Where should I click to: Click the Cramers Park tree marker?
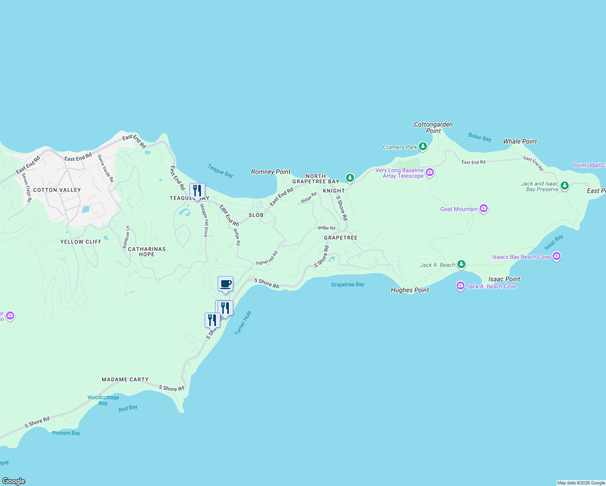coord(423,146)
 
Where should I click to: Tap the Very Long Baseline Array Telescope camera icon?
coord(430,173)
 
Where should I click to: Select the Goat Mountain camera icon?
coord(483,209)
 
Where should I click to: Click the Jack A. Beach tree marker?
coord(461,264)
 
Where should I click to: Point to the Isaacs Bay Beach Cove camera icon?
coord(556,256)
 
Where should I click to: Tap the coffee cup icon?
coord(225,284)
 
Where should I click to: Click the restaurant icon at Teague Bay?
coord(197,191)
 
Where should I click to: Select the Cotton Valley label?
coord(57,190)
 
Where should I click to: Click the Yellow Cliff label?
coord(81,242)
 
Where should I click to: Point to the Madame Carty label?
coord(125,379)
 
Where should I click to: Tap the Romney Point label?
coord(271,172)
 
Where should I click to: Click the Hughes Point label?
coord(410,290)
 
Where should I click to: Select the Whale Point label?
coord(520,141)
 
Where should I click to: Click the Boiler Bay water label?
coord(480,137)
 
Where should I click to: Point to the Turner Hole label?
coord(243,323)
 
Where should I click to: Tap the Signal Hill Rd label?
coord(267,258)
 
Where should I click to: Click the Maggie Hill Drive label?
coord(205,220)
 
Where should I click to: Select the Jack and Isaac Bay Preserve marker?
coord(564,186)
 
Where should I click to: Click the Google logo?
coord(14,481)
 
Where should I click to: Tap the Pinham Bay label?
coord(66,433)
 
